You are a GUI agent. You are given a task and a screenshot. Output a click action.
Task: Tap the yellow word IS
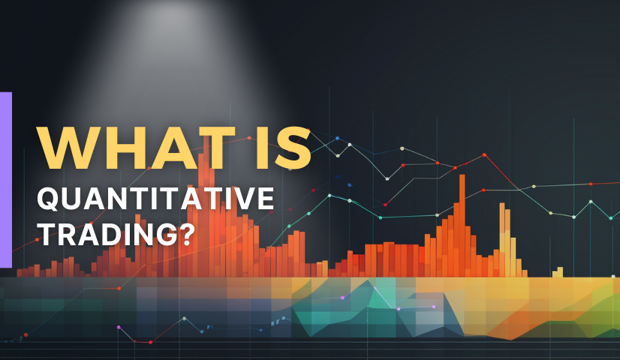[x=283, y=148]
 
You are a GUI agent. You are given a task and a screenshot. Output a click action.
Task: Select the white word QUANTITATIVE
[x=156, y=198]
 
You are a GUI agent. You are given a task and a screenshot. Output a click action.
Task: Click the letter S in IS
[x=293, y=148]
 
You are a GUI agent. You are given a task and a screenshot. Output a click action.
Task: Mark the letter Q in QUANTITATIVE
[x=49, y=199]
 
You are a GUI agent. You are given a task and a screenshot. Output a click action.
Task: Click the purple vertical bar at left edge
[x=5, y=180]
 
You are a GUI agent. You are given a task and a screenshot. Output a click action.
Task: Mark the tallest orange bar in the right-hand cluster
[x=462, y=225]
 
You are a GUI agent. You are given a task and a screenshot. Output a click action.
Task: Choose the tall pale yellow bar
[x=502, y=239]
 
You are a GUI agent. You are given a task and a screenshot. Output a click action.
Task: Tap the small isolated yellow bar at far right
[x=558, y=272]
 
